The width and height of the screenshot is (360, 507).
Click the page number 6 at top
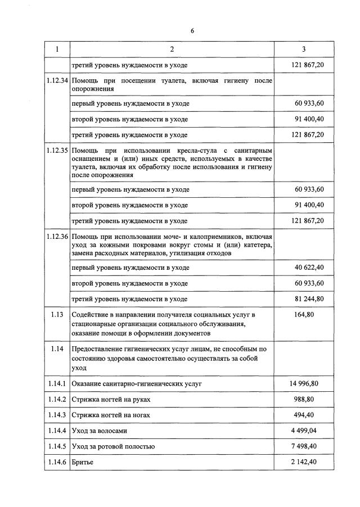[x=192, y=30]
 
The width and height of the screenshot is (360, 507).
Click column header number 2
[x=172, y=49]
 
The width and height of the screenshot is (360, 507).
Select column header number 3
[x=304, y=49]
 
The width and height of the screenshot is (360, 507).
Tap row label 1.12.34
[x=57, y=81]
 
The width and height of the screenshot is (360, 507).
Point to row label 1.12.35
[x=57, y=151]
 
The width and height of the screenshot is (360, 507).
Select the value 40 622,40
[x=309, y=268]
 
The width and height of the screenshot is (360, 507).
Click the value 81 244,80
[x=309, y=298]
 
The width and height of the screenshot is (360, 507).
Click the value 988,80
[x=304, y=399]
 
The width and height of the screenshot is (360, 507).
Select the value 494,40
[x=304, y=415]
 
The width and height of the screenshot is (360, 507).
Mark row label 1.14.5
[x=57, y=446]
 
